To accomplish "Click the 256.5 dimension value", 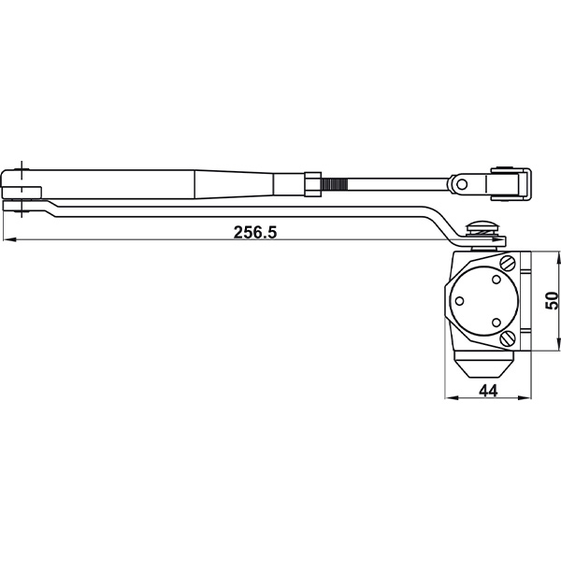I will tap(255, 233).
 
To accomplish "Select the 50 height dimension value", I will tap(552, 300).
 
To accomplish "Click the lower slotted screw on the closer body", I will tap(507, 338).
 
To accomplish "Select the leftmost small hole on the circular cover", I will tap(461, 300).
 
